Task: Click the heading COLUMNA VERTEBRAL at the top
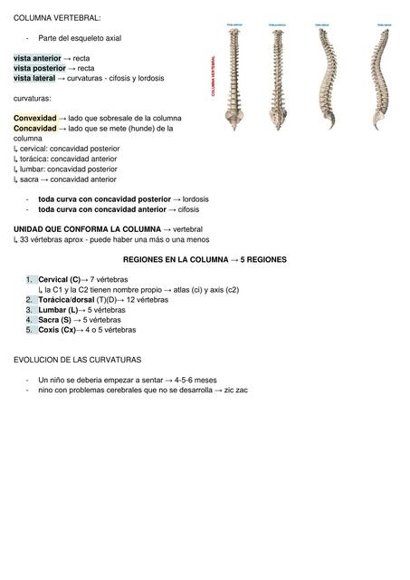click(57, 17)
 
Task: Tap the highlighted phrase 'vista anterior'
click(37, 58)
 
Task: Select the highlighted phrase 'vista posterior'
click(39, 68)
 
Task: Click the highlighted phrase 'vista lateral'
click(34, 78)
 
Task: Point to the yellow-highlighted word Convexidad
click(34, 119)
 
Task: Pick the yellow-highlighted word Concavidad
click(34, 129)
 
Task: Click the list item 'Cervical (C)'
click(59, 279)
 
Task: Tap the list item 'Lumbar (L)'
click(57, 310)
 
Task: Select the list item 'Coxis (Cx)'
click(56, 330)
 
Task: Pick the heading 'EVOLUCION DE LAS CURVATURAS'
click(78, 360)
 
